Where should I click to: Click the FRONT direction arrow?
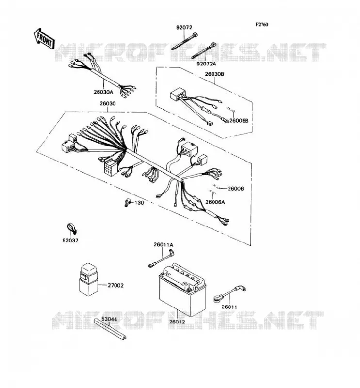pyautogui.click(x=44, y=39)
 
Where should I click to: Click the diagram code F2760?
pyautogui.click(x=262, y=25)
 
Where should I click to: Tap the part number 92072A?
pyautogui.click(x=206, y=64)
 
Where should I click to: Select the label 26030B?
pyautogui.click(x=214, y=74)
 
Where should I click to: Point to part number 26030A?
pyautogui.click(x=103, y=92)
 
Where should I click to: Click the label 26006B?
pyautogui.click(x=239, y=120)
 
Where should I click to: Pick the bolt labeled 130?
pyautogui.click(x=127, y=203)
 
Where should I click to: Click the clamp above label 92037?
pyautogui.click(x=72, y=228)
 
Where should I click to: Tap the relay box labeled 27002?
pyautogui.click(x=88, y=279)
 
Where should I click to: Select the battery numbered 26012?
pyautogui.click(x=182, y=290)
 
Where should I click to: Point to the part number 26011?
pyautogui.click(x=229, y=307)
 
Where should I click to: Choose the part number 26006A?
pyautogui.click(x=215, y=202)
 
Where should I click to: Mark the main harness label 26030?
pyautogui.click(x=108, y=103)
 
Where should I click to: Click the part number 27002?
pyautogui.click(x=115, y=285)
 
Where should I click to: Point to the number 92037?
pyautogui.click(x=70, y=240)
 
